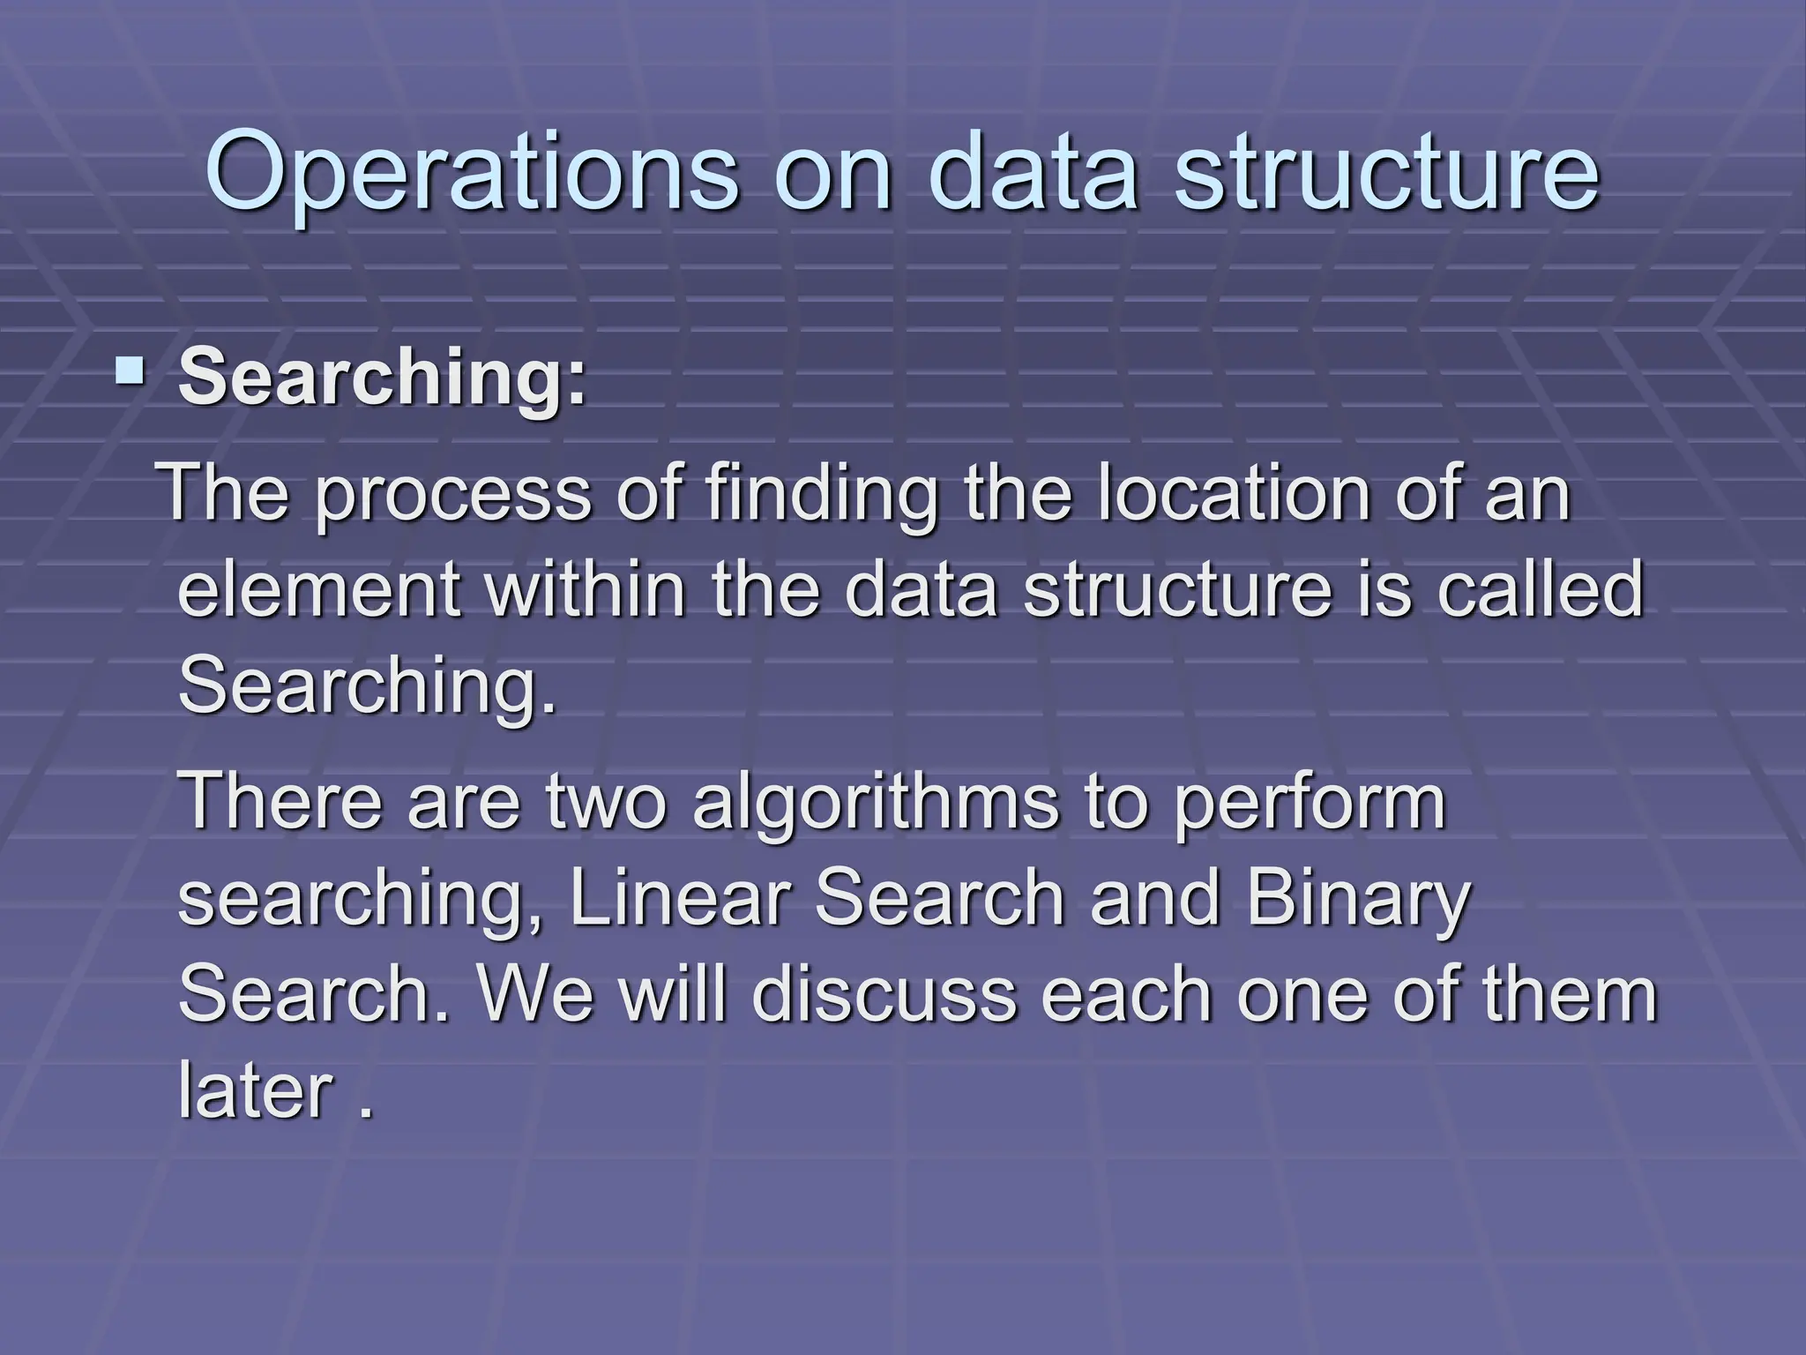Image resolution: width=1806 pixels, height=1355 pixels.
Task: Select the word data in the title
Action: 1032,172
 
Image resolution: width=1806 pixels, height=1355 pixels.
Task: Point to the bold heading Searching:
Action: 382,378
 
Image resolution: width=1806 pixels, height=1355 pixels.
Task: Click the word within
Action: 586,589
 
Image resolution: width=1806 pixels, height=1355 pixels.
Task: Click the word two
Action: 608,801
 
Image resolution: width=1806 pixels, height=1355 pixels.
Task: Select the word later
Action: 255,1090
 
